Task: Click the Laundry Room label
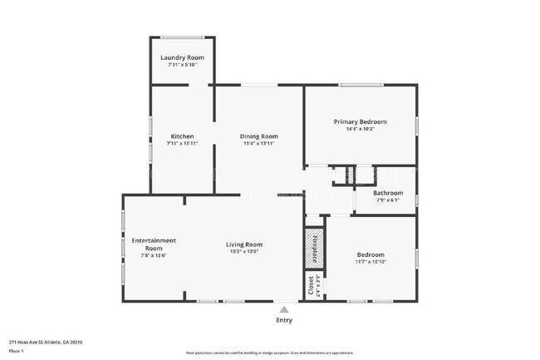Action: click(x=182, y=57)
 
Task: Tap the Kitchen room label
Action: click(x=182, y=136)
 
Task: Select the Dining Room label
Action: click(x=259, y=136)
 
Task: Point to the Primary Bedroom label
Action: click(x=360, y=121)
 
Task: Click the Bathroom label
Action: click(x=387, y=193)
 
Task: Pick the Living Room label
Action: click(x=244, y=244)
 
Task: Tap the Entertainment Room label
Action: click(x=154, y=244)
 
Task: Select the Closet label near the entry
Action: click(x=312, y=285)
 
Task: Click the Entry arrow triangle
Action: click(x=284, y=308)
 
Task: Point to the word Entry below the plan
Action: click(x=284, y=320)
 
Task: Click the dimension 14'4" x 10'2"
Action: click(x=360, y=129)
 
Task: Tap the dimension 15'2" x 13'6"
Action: click(x=244, y=251)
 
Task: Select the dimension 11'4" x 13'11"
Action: click(x=259, y=144)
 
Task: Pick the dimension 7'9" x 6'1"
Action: click(x=387, y=200)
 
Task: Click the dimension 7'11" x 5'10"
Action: click(x=182, y=65)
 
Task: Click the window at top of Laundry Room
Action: click(x=182, y=37)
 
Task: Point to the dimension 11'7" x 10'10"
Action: click(x=371, y=262)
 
